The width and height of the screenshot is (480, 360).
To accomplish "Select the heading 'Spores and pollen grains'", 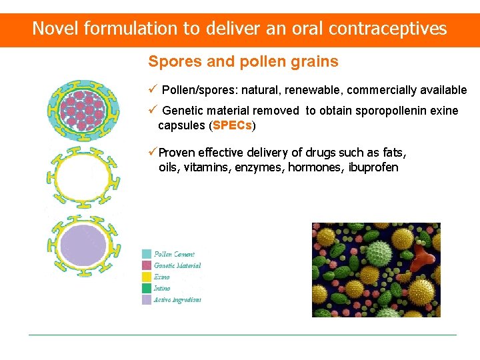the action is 243,62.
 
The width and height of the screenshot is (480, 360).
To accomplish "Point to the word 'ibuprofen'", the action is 373,167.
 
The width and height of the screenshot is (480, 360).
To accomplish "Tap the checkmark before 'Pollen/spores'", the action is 153,89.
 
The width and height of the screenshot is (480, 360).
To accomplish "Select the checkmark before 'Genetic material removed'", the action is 153,110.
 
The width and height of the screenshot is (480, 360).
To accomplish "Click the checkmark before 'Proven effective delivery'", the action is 153,152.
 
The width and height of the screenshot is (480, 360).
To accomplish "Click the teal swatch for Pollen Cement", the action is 147,254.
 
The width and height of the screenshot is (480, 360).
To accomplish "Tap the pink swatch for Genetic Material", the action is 147,265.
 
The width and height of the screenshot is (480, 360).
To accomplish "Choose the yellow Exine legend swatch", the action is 147,277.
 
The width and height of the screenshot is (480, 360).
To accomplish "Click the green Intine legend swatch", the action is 147,288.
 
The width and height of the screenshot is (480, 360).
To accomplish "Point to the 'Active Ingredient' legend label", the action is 177,300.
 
